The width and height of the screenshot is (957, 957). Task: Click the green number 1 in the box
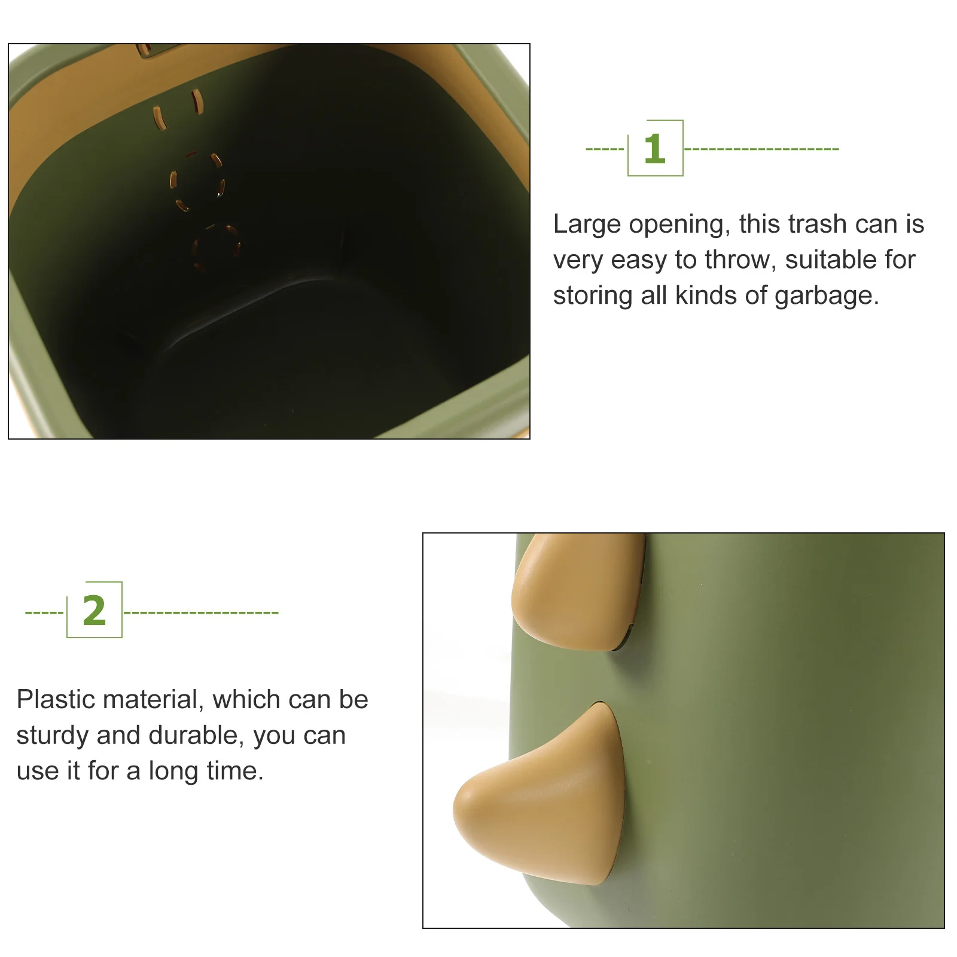pos(654,149)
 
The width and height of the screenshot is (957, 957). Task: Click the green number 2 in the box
pos(95,611)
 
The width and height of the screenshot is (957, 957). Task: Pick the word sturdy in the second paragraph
pos(52,736)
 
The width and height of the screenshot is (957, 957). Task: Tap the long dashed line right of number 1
pos(761,149)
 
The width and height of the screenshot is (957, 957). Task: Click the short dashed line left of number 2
pos(44,612)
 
